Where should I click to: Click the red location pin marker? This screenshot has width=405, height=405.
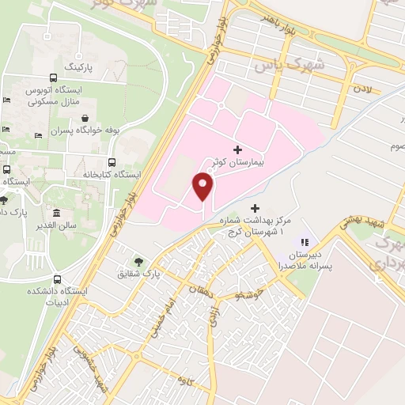204,186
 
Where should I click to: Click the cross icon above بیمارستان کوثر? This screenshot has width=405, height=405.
237,149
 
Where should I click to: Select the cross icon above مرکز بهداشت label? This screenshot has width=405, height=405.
254,206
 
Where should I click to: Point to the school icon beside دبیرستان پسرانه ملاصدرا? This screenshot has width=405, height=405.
303,242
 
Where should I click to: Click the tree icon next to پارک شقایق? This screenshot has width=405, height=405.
140,260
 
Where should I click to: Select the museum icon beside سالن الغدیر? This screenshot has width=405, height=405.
57,214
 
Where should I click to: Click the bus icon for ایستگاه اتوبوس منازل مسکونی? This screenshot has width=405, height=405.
52,78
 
